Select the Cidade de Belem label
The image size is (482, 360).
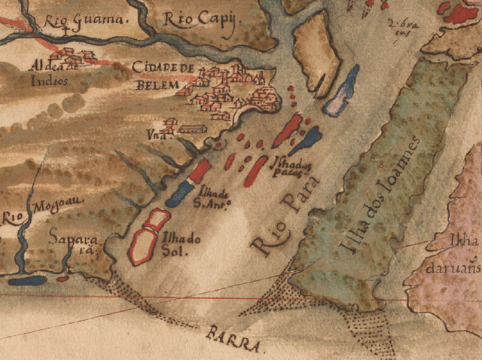(162, 76)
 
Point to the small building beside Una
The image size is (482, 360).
(191, 129)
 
